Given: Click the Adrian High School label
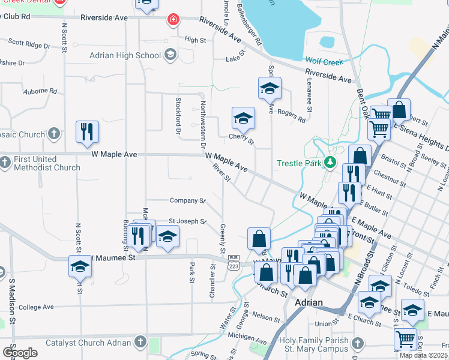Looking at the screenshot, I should tap(124, 56).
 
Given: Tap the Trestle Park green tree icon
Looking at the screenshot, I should tap(330, 163).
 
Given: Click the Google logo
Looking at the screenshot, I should tap(20, 352).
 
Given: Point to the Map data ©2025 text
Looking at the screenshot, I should tap(423, 355).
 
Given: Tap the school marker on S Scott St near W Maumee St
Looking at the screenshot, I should tap(80, 266).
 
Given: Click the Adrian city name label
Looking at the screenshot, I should tap(309, 302).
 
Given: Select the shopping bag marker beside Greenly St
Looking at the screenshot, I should tap(258, 238).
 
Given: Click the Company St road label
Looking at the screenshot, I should tap(187, 200).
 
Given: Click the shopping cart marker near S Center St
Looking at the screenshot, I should tap(405, 338).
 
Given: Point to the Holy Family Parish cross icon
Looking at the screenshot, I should tap(357, 344).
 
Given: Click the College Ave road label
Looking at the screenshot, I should tap(38, 307).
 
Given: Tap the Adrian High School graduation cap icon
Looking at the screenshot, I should tap(170, 56).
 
